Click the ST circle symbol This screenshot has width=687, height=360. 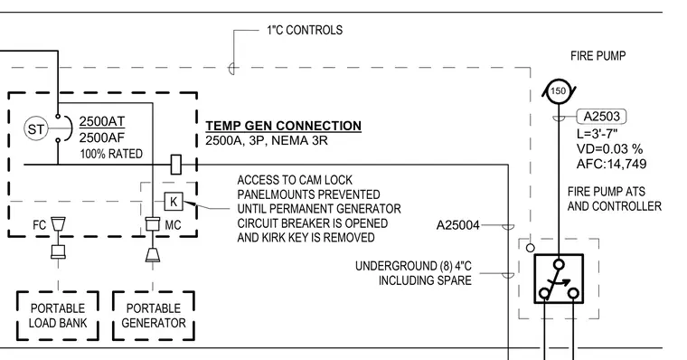coord(35,129)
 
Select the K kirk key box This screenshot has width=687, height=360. coord(174,202)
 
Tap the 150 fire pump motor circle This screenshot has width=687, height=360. coord(559,91)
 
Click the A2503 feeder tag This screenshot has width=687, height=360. coord(601,117)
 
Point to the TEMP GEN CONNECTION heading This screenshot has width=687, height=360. coord(284,126)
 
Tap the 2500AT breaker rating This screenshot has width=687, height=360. coord(102,121)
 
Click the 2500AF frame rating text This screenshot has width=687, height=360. coord(102,137)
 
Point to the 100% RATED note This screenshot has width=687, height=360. coord(111,154)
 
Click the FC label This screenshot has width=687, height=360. coord(39,225)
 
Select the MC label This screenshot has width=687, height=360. coord(173,225)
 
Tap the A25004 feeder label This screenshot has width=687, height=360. coord(458,225)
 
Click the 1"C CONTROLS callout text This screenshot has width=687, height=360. coord(305,30)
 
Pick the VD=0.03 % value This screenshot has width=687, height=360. coord(609,148)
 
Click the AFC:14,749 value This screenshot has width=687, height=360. coord(612,164)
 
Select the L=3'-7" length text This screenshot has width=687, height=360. coord(598,134)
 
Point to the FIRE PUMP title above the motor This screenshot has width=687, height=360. coord(598,56)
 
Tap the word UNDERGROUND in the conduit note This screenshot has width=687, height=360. coord(396,266)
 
